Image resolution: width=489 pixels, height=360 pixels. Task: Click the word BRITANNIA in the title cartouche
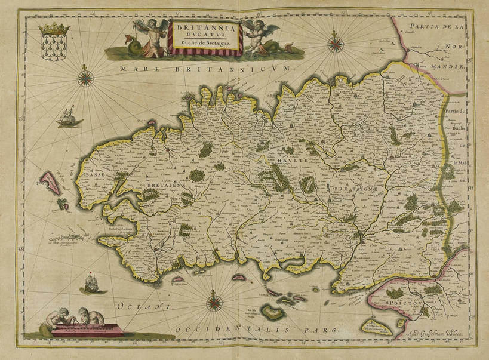[205, 27]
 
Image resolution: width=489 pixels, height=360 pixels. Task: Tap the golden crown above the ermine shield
[54, 29]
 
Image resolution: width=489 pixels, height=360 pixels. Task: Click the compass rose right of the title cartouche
[336, 42]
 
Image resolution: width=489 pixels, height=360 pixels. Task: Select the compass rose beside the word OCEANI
[214, 303]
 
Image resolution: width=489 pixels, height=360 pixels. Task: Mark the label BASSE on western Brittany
[95, 174]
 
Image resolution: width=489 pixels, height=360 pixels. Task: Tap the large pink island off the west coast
[50, 183]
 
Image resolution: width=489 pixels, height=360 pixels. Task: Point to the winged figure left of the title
[146, 37]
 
